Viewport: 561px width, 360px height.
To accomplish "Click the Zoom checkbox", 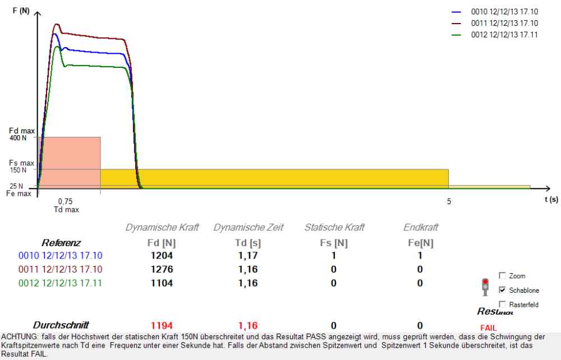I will [x=502, y=275].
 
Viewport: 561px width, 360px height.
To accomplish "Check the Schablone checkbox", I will [x=502, y=290].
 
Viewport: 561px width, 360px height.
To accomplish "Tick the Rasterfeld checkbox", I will [x=502, y=304].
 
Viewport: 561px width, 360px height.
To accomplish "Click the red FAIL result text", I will [x=489, y=327].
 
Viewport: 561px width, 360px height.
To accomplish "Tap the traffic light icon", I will [x=485, y=287].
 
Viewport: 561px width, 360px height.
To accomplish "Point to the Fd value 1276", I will [x=162, y=270].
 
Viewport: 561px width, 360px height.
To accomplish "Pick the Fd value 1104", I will [x=162, y=283].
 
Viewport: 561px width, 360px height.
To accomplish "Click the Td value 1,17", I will [x=247, y=256].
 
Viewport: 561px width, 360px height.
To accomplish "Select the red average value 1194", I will [x=162, y=325].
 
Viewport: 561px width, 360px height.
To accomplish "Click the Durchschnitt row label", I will [x=61, y=325].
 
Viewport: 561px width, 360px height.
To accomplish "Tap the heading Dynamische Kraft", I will [x=162, y=227].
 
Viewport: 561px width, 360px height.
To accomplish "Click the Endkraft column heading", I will [x=420, y=227].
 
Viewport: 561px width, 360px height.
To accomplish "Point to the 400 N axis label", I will [x=18, y=138].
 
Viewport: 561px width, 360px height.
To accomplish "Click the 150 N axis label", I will [x=18, y=170].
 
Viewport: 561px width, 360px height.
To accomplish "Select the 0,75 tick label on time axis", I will [x=66, y=201].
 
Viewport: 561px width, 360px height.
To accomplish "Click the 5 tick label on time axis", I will [x=449, y=201].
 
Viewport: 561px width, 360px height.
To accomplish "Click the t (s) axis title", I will [x=551, y=199].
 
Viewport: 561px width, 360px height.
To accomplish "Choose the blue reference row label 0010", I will [x=61, y=256].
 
